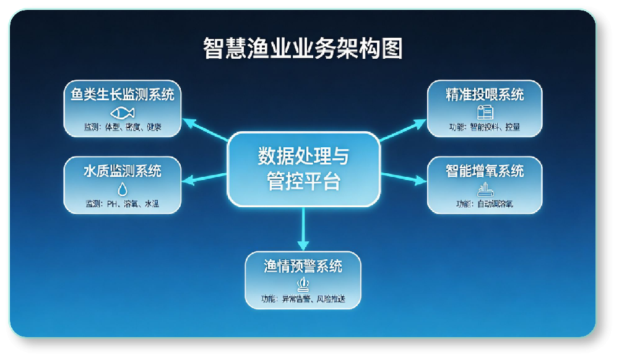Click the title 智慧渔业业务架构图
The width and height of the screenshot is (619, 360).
(303, 48)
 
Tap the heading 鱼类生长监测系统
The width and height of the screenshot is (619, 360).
(123, 95)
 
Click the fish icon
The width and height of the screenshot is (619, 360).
(123, 113)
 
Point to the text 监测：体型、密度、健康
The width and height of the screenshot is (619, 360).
(123, 127)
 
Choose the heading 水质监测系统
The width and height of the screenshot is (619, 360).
(123, 171)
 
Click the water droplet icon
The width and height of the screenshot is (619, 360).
(123, 189)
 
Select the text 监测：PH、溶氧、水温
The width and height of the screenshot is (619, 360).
(123, 204)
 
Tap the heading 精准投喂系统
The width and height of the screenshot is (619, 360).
(485, 95)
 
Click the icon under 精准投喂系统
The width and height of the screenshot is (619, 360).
(485, 112)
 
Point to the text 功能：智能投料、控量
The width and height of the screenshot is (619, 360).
(485, 127)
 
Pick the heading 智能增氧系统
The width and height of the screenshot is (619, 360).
(485, 171)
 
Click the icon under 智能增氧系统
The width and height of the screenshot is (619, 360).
(485, 189)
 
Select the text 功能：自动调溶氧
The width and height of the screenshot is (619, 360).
(485, 204)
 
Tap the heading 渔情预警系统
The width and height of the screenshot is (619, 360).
(303, 267)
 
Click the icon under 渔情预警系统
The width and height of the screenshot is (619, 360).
(303, 285)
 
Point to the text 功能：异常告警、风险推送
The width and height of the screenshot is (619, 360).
(303, 299)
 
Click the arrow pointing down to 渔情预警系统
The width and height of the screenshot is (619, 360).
(303, 229)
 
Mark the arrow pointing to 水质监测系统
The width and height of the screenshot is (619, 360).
(204, 179)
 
